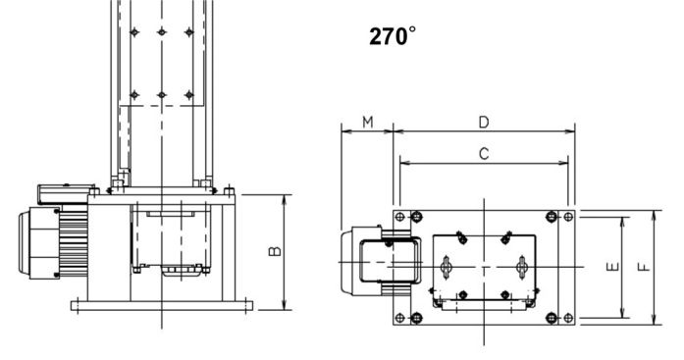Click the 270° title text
click(393, 36)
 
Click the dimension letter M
click(368, 122)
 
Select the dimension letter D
click(484, 122)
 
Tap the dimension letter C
click(484, 154)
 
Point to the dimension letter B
click(275, 251)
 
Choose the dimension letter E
click(613, 266)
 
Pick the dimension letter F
click(645, 266)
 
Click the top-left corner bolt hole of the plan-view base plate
click(399, 217)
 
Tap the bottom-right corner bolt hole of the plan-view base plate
click(568, 318)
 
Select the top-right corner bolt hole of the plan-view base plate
click(568, 217)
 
